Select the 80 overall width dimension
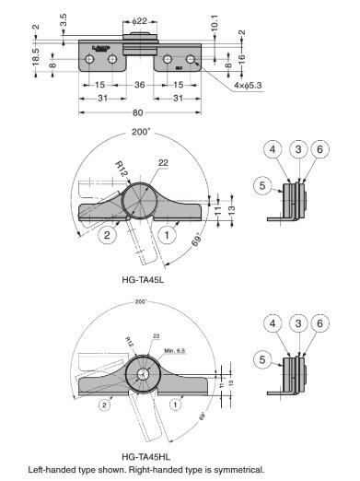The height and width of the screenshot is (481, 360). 139,114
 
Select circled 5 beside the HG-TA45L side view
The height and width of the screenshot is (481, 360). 262,185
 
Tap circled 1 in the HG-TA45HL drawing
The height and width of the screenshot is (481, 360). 175,404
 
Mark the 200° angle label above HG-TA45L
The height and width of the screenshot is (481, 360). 138,132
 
